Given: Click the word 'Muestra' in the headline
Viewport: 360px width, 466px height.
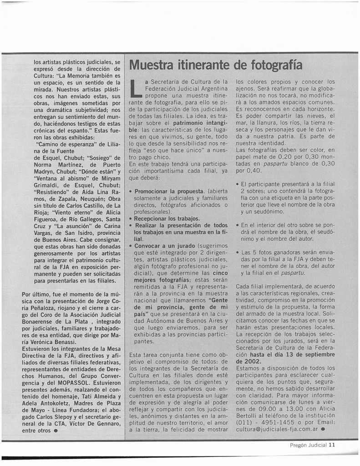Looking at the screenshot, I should pyautogui.click(x=151, y=65).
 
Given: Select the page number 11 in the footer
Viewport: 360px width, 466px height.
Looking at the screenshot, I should pyautogui.click(x=332, y=446).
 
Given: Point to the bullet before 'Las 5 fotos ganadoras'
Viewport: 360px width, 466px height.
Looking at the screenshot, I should pyautogui.click(x=238, y=252).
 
